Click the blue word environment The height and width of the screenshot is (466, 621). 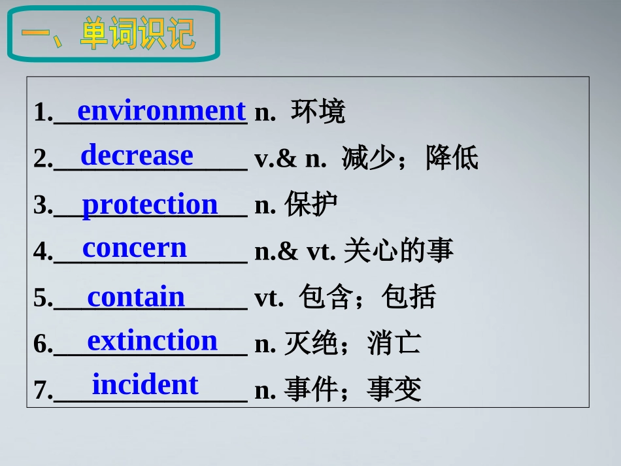pos(161,111)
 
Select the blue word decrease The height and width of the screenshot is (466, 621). pos(137,156)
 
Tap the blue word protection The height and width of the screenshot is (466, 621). pos(150,205)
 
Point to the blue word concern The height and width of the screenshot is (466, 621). pos(135,248)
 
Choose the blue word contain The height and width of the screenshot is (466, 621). pos(136,297)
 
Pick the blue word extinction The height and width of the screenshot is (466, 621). pos(152,341)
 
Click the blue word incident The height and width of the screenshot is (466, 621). pos(144,385)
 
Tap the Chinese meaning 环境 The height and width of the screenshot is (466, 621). pos(318,112)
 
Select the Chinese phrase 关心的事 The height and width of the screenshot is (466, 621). pos(398,251)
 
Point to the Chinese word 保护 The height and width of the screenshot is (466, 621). pos(311,205)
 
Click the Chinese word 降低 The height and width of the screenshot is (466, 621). pos(452,158)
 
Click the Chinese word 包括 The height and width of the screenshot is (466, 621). pos(409,297)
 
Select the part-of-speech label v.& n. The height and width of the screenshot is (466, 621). pos(290,159)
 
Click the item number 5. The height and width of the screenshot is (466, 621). pos(41,299)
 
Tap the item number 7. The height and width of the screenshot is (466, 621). pos(41,391)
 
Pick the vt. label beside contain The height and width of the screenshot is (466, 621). pos(269,298)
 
